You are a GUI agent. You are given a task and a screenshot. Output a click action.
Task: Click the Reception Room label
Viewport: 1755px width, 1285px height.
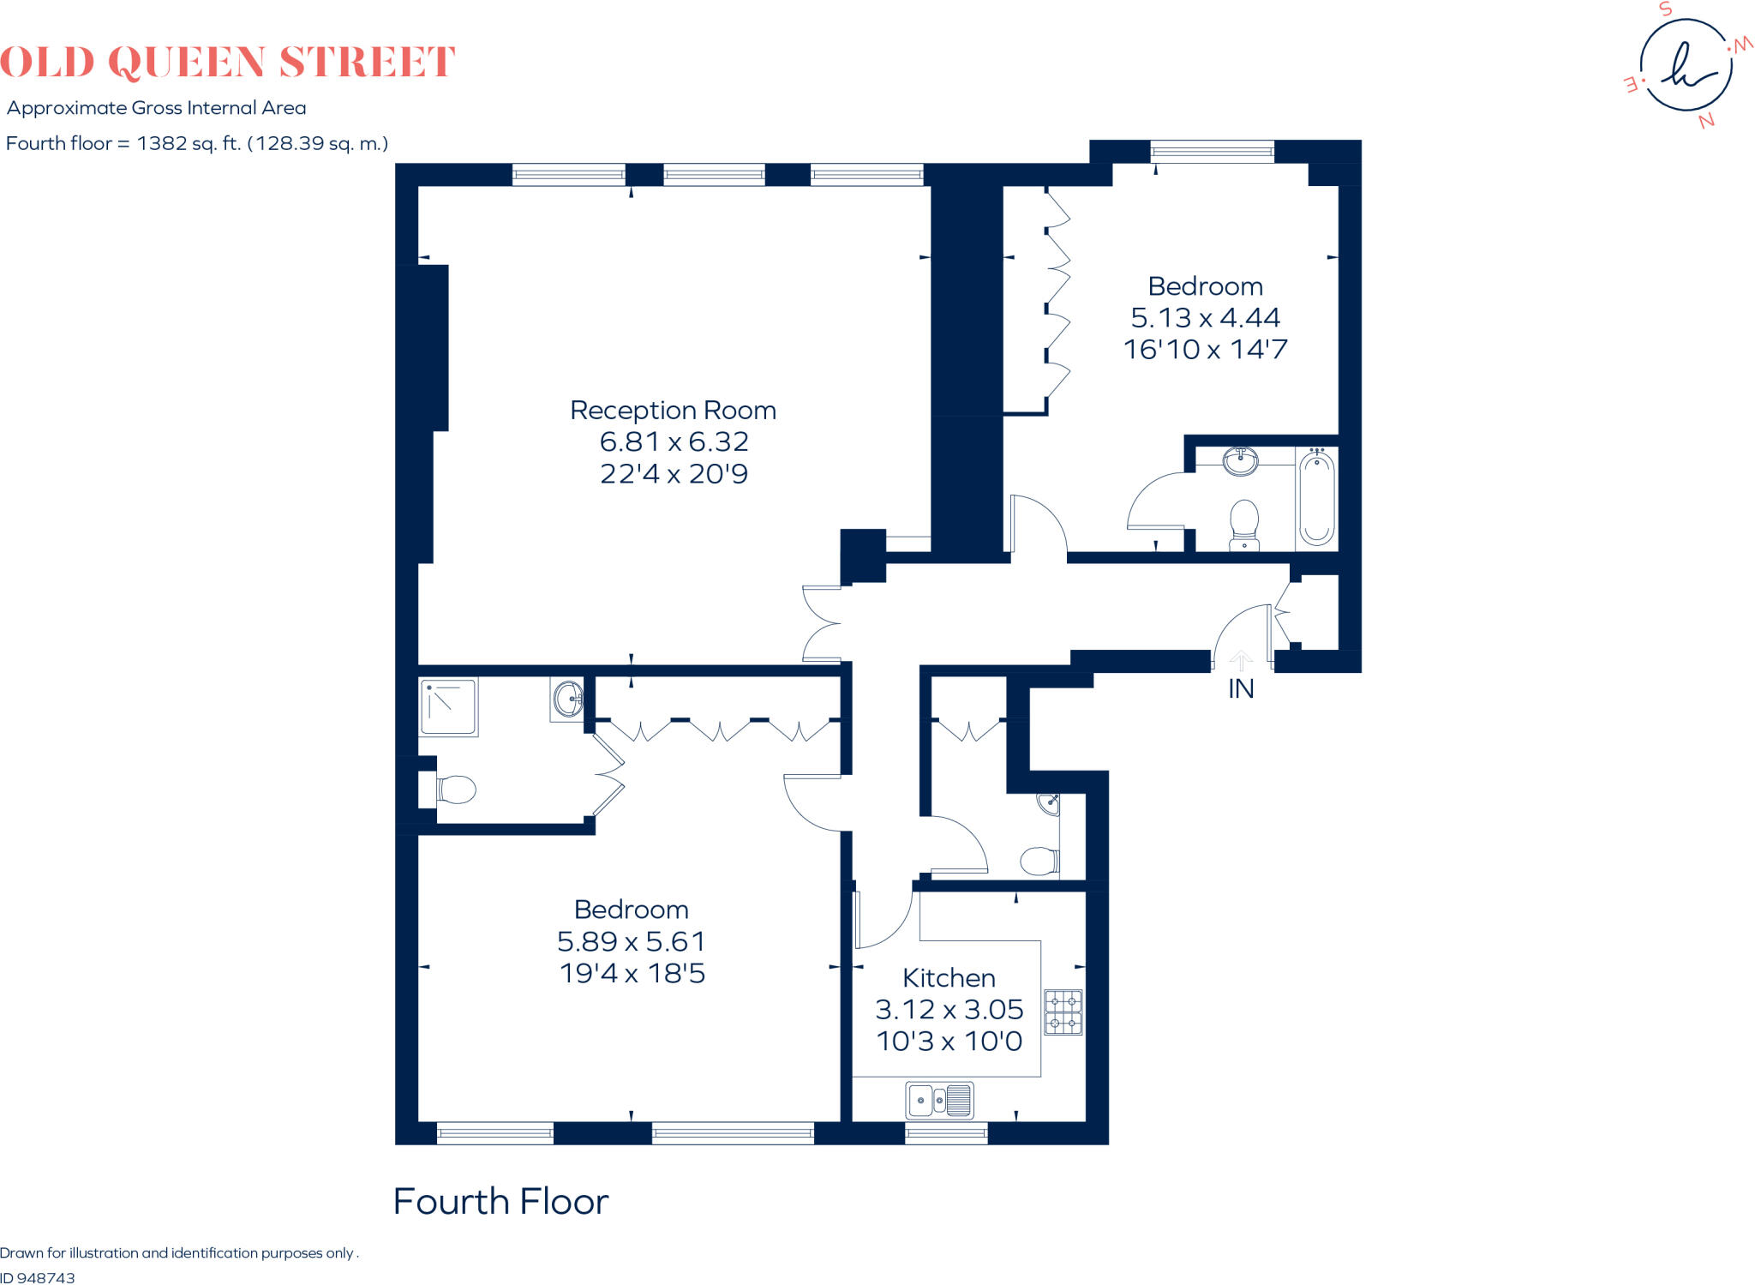tap(673, 411)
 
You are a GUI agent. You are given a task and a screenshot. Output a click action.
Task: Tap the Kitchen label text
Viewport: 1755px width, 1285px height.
tap(949, 978)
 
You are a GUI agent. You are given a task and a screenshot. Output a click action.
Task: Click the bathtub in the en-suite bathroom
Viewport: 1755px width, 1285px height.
tap(1316, 498)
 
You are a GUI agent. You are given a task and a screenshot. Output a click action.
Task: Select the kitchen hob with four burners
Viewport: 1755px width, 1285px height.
tap(1063, 1012)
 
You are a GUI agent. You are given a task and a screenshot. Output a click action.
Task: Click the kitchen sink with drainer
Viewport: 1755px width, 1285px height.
tap(939, 1100)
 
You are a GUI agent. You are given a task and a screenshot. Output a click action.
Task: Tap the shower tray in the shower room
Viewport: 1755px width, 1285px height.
tap(448, 707)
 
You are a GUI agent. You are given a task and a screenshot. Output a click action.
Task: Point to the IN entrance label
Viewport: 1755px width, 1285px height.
tap(1241, 689)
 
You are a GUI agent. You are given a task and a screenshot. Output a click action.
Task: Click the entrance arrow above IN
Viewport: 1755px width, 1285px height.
tap(1241, 660)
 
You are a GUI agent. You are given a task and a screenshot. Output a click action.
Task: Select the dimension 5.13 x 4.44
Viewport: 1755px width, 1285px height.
tap(1205, 318)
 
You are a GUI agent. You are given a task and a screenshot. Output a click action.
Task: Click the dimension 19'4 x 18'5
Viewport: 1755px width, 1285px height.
tap(632, 974)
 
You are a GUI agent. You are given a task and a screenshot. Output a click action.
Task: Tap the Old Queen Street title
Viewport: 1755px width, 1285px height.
tap(227, 63)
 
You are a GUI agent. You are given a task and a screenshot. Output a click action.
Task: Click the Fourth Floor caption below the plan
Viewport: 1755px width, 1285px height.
tap(500, 1202)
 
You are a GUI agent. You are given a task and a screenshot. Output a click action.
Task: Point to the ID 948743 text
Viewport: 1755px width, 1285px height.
tap(38, 1277)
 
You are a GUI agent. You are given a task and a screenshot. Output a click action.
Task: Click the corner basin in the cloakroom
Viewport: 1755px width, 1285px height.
tap(1050, 803)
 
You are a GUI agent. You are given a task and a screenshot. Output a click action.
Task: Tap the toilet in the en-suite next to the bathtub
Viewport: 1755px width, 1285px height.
tap(1243, 524)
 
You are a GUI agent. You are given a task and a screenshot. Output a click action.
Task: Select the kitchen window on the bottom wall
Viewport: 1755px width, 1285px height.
tap(946, 1134)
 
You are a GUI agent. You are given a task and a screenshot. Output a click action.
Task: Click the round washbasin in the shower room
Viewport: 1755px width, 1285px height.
tap(567, 699)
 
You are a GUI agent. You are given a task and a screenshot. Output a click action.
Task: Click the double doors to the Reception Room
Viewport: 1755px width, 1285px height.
tap(821, 623)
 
